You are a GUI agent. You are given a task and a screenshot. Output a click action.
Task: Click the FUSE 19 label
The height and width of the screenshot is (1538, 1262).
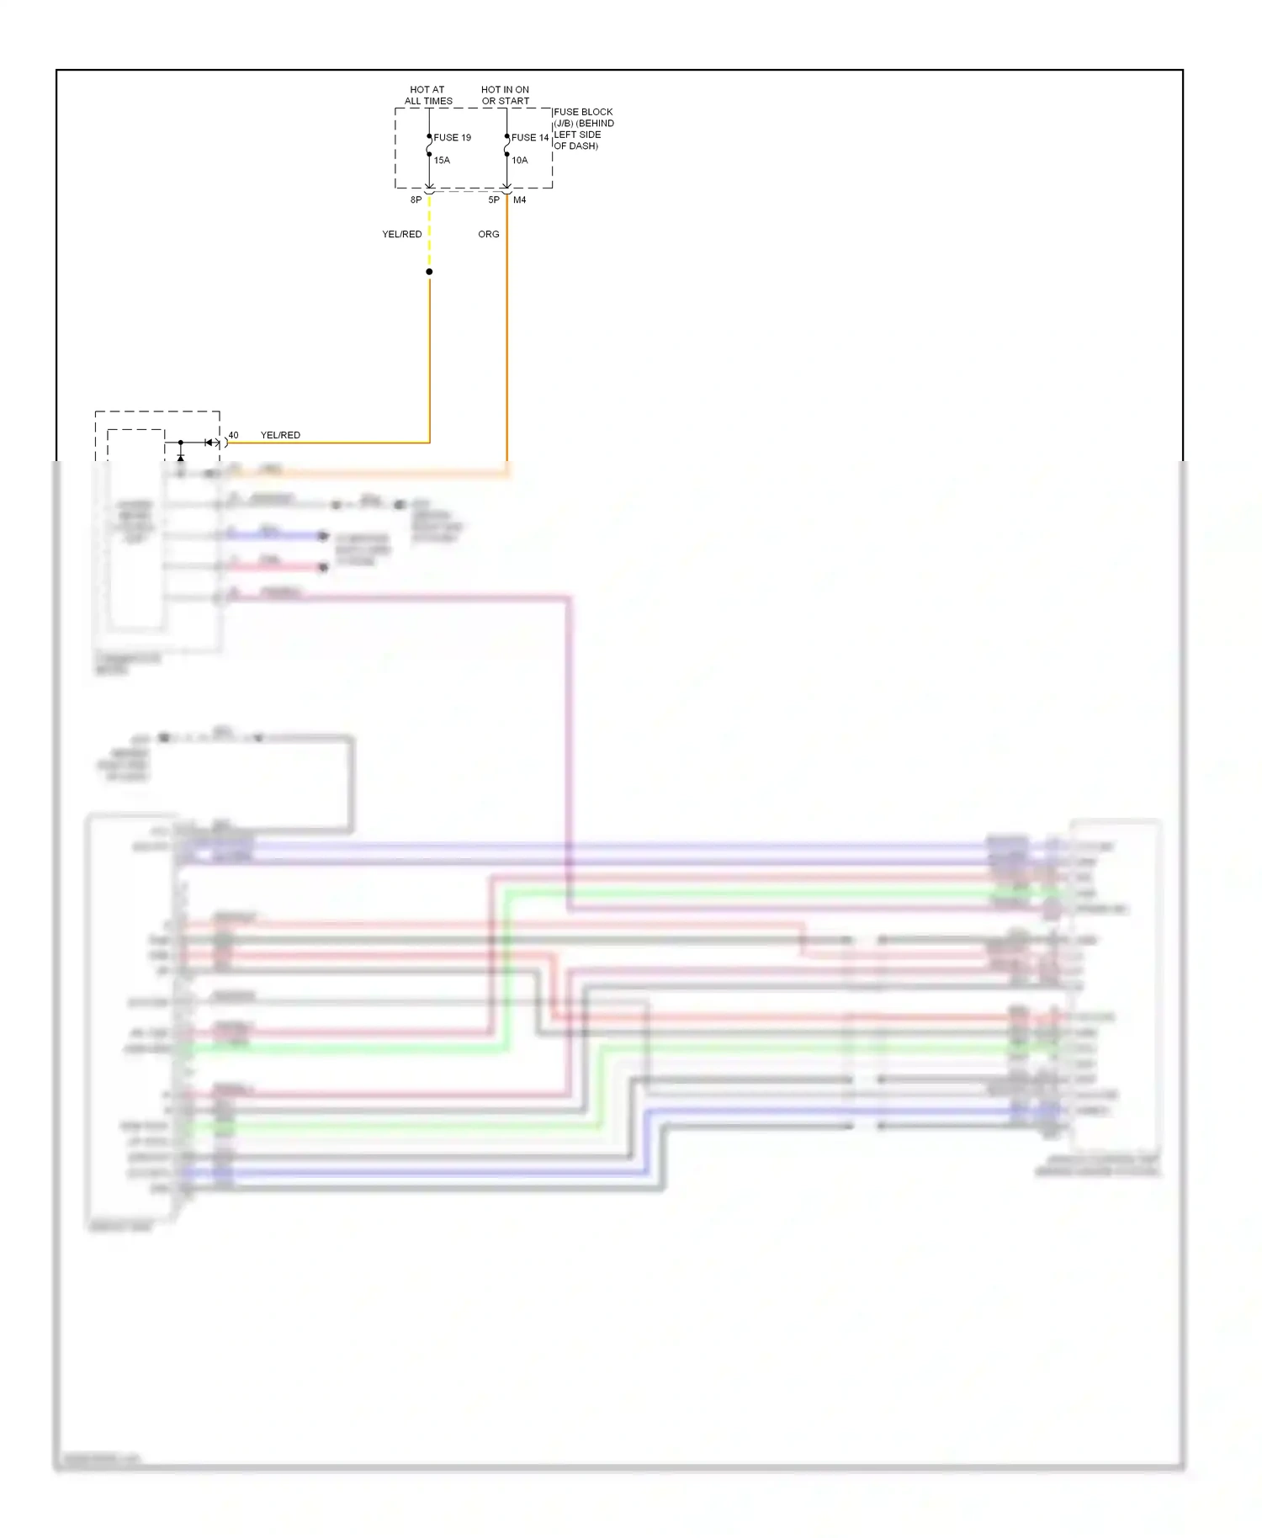pos(452,137)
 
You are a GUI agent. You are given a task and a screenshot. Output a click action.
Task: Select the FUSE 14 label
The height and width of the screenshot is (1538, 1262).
pos(530,137)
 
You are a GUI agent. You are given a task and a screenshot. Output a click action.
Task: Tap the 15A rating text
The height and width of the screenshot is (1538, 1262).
pos(442,160)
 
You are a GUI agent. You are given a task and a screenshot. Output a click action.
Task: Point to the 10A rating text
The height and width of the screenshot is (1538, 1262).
pos(520,160)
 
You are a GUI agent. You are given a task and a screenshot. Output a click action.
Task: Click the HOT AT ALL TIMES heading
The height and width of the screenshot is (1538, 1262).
pos(428,95)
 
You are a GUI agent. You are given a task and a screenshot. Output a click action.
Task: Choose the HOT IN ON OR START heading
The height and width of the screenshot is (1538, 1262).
pos(505,95)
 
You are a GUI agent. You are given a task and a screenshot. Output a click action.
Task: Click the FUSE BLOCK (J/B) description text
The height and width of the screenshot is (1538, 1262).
pos(583,129)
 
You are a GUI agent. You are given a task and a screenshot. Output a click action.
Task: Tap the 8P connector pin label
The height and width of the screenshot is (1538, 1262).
pos(416,200)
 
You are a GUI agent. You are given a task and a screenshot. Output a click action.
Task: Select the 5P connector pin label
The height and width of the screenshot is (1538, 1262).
pos(494,200)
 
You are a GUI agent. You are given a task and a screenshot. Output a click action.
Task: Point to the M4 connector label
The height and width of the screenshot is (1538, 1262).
pos(520,200)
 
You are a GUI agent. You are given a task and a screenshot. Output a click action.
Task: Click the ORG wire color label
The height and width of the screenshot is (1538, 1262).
pos(489,234)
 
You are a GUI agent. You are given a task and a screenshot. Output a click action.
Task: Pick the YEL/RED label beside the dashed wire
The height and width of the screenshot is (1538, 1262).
pos(402,234)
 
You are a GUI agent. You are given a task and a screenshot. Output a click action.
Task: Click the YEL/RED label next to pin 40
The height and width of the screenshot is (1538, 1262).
pos(280,435)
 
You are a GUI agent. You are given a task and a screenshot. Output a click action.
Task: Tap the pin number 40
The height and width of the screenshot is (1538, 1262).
pos(233,435)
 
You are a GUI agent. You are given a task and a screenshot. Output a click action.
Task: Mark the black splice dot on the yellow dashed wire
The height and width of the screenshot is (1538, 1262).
pos(429,272)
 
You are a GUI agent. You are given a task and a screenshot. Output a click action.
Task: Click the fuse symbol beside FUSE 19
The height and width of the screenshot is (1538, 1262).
pos(429,146)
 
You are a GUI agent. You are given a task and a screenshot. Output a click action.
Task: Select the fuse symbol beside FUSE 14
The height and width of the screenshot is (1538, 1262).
pos(506,146)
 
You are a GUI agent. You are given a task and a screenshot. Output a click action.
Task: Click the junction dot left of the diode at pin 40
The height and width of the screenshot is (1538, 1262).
pos(180,443)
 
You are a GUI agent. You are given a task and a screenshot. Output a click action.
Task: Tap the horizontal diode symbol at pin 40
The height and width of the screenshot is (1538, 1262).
pos(209,443)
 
